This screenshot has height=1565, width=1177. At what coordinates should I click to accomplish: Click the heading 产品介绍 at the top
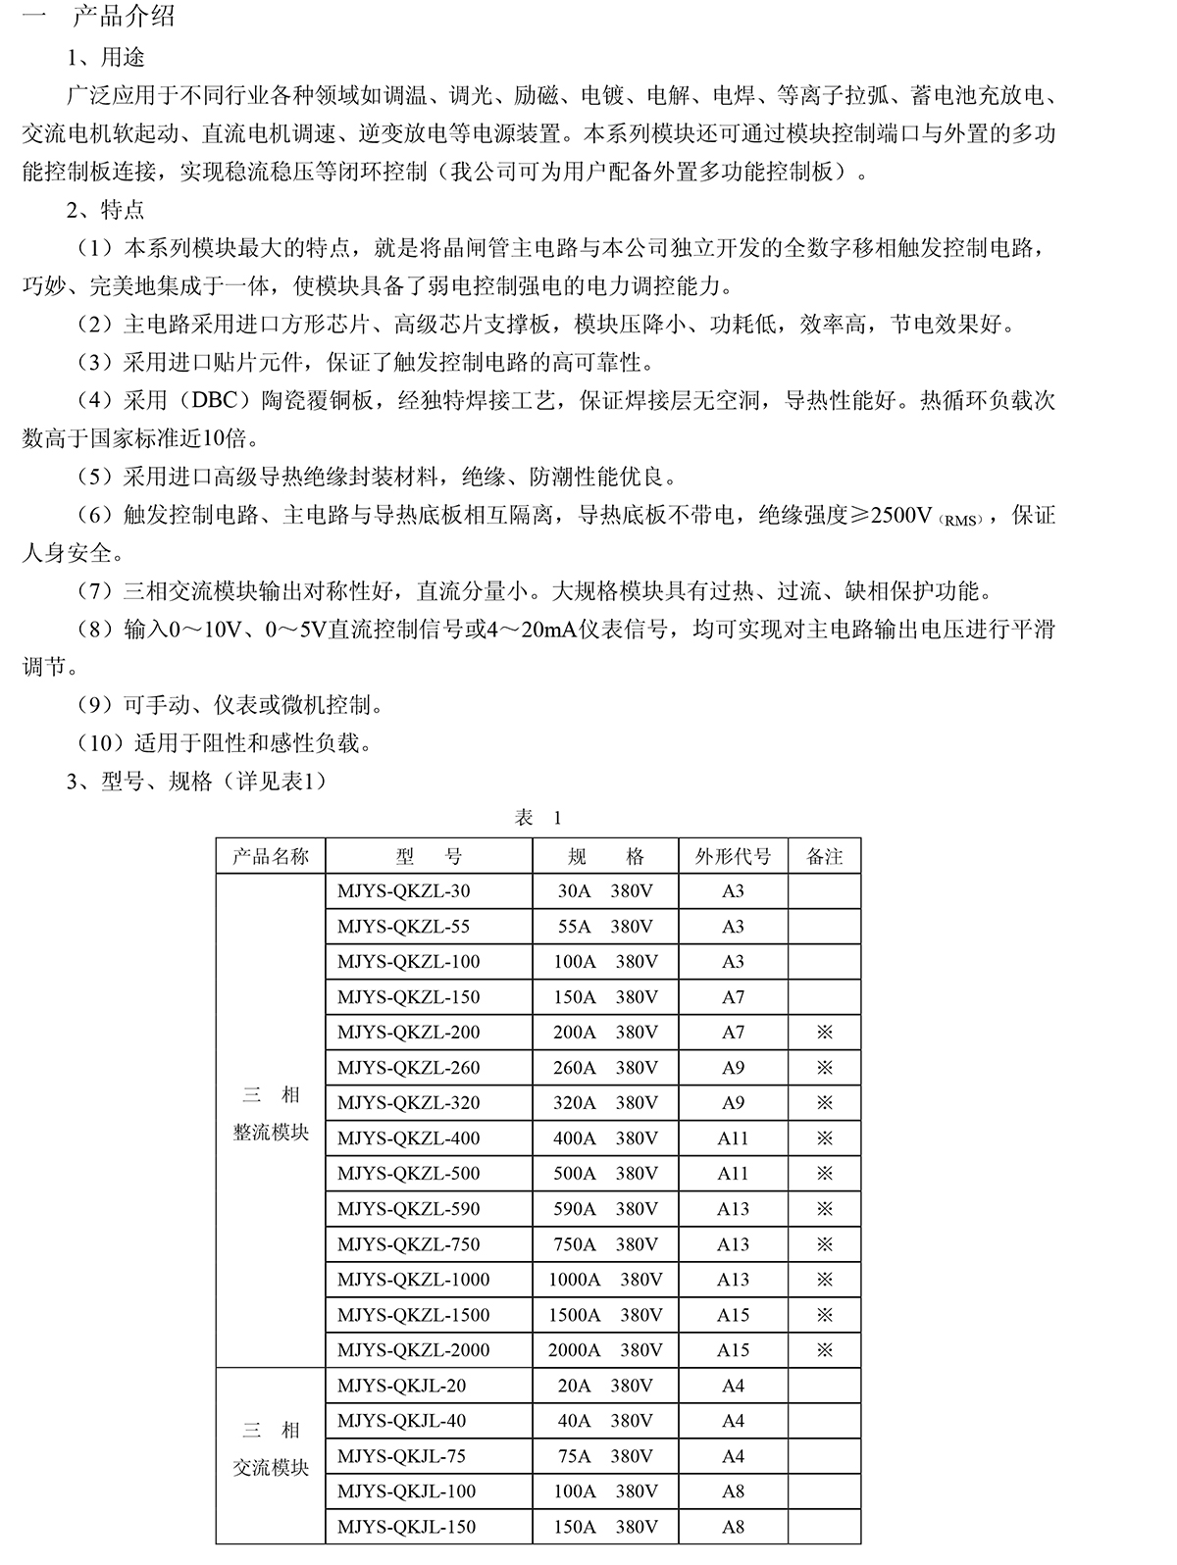(x=124, y=18)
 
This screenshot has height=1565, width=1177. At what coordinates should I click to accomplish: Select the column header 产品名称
(x=270, y=856)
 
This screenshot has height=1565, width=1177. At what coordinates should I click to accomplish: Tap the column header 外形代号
(x=733, y=856)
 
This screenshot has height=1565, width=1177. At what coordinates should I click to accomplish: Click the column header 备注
(x=824, y=856)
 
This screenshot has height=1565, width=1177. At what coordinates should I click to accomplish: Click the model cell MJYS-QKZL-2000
(x=413, y=1350)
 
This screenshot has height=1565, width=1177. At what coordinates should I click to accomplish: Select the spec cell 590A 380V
(x=605, y=1209)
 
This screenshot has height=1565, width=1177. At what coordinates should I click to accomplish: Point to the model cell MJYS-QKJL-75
(x=401, y=1456)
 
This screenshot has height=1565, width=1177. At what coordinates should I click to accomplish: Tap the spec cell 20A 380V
(x=605, y=1386)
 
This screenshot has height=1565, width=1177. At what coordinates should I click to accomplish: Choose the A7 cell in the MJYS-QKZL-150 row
(x=733, y=997)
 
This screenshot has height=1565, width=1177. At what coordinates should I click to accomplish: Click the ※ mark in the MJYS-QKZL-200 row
(x=824, y=1033)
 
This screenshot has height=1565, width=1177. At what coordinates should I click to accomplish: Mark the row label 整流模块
(x=270, y=1132)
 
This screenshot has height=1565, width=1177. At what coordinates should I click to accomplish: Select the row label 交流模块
(x=270, y=1468)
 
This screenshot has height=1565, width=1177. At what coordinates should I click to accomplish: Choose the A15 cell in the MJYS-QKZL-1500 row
(x=733, y=1315)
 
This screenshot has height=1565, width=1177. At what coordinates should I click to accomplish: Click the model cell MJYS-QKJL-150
(x=406, y=1527)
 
